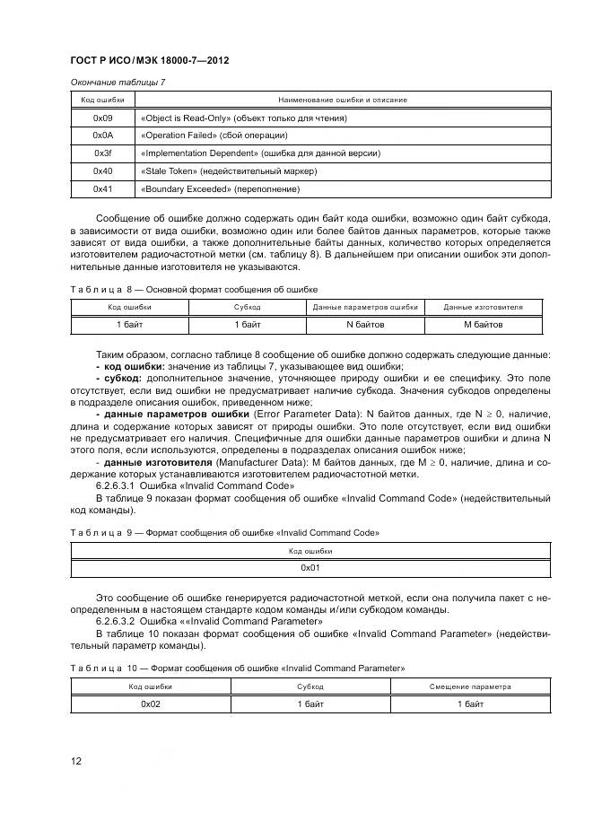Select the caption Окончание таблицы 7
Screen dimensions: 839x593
pos(118,83)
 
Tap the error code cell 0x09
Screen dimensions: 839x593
pos(102,118)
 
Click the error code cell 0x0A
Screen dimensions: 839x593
pos(102,135)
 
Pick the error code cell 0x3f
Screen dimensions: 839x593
pos(102,153)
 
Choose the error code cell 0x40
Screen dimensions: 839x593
pos(102,171)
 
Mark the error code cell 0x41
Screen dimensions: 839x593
pos(102,189)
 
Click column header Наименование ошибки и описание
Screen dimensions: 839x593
pos(343,100)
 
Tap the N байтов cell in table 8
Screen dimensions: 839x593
pos(365,324)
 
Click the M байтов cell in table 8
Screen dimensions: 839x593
pos(483,324)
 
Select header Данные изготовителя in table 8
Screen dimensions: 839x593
pos(483,307)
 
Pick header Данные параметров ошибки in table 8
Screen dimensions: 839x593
pos(365,307)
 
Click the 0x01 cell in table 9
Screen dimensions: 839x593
pos(310,568)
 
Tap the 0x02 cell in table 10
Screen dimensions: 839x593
pos(150,704)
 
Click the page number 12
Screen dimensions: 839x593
pos(76,762)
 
